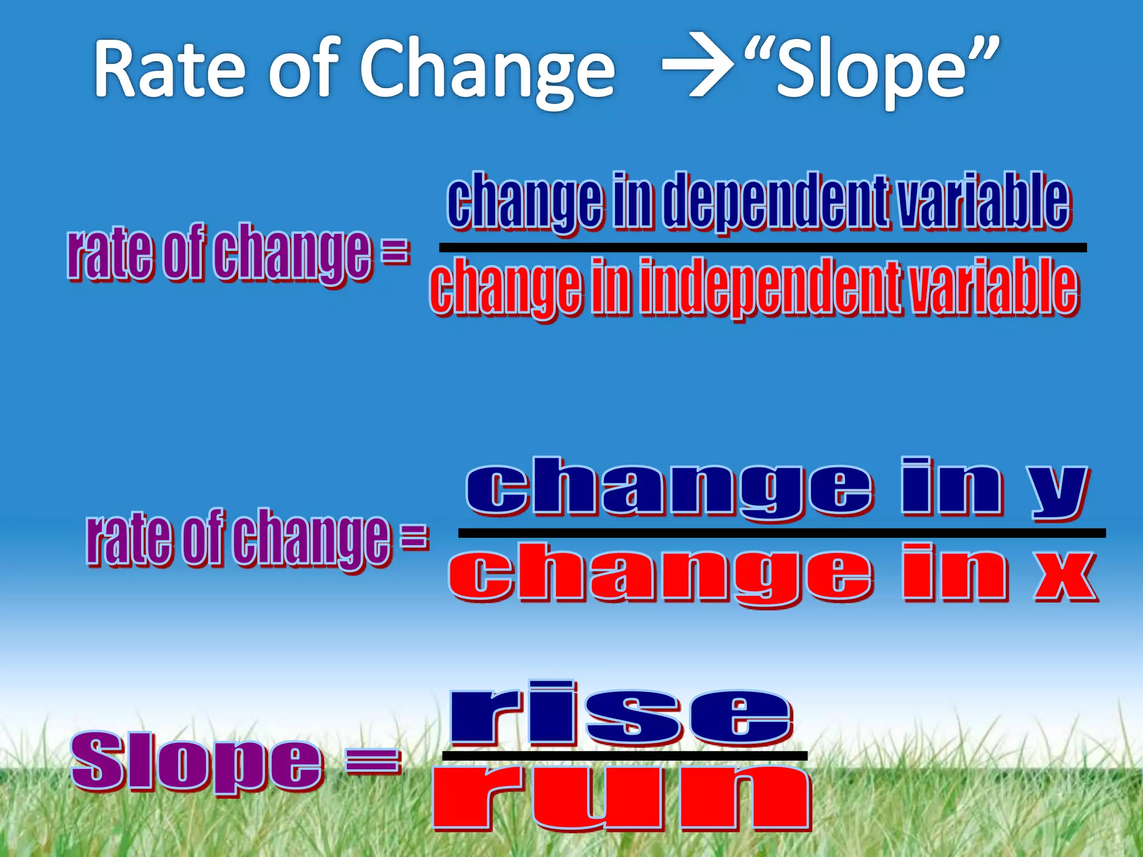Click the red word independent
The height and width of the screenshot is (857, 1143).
pos(770,287)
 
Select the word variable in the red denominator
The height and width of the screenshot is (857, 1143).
pos(993,287)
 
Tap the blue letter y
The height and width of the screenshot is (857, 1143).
pos(1058,491)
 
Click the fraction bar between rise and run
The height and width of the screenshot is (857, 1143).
pos(625,756)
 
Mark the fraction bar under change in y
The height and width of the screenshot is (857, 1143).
pos(781,533)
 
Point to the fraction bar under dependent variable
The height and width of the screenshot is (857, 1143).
pos(762,247)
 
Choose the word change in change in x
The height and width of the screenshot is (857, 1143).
pos(661,575)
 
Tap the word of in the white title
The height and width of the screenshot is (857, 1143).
pos(304,70)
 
